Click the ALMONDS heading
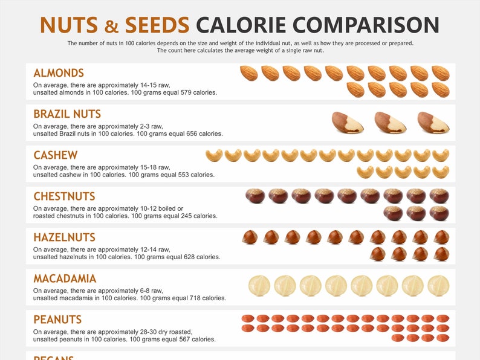[x=59, y=73]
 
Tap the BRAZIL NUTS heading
[x=67, y=114]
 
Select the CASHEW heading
[x=55, y=155]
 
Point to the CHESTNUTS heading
[x=64, y=196]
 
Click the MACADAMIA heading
[x=65, y=278]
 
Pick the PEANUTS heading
[x=57, y=320]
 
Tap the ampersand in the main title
[x=112, y=26]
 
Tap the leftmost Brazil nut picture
[x=347, y=123]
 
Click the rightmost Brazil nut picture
[x=433, y=123]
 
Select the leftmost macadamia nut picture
[x=259, y=286]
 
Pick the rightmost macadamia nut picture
[x=438, y=286]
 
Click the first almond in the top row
[x=249, y=74]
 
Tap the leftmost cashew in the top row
[x=214, y=156]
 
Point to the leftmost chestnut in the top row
[x=255, y=196]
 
